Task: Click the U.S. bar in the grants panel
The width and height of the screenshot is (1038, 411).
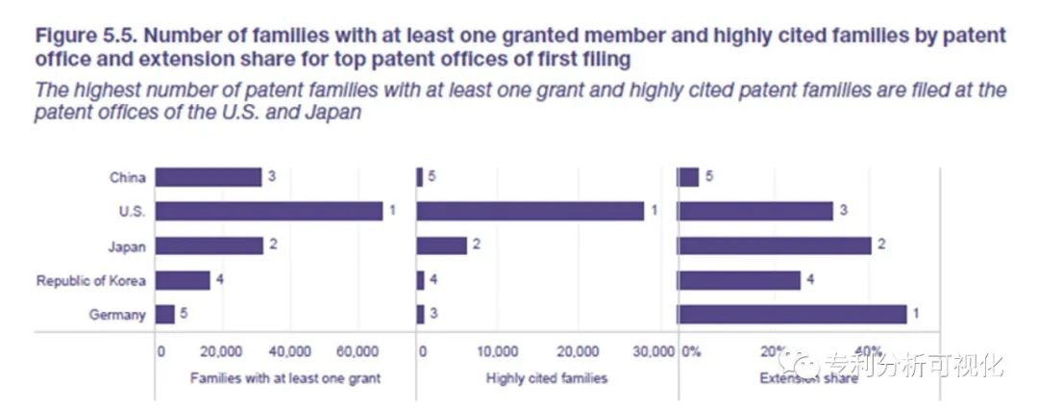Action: coord(269,211)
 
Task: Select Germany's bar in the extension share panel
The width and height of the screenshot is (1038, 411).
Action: coord(792,315)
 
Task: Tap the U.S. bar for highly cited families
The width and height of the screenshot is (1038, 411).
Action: coord(531,211)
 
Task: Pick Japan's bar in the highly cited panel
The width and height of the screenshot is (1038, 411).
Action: coord(442,245)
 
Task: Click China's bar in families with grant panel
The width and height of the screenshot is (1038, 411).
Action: coord(208,177)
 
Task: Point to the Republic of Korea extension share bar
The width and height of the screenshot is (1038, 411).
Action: coord(739,280)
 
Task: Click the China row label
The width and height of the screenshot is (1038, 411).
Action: coord(128,177)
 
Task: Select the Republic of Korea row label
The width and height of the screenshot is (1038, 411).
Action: coord(91,281)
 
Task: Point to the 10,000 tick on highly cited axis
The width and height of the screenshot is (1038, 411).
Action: coord(498,351)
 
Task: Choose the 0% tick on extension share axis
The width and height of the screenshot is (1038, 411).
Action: coord(691,351)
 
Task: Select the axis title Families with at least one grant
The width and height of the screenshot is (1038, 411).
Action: coord(285,378)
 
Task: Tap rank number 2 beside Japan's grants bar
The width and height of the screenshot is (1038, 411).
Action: coord(273,245)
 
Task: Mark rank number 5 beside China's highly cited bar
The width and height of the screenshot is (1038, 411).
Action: coord(432,177)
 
